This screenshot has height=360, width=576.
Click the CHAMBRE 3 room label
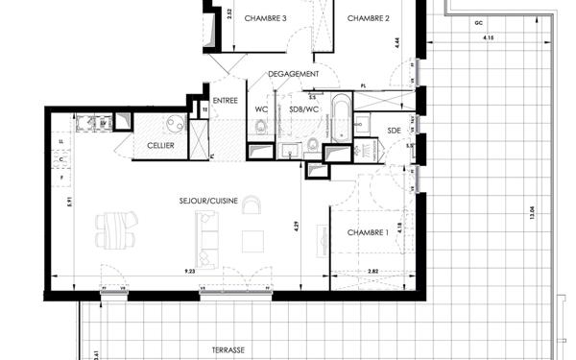(x=266, y=18)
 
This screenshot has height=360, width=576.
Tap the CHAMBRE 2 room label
(x=368, y=18)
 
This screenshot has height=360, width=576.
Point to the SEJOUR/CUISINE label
(x=207, y=202)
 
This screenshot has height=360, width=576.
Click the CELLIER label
(x=160, y=145)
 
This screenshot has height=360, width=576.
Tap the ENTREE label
(x=225, y=100)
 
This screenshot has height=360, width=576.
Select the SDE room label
(x=394, y=130)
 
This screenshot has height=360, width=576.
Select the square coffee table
(x=252, y=239)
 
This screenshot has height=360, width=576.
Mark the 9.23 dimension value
(x=190, y=273)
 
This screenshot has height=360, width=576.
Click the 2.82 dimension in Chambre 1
(x=372, y=273)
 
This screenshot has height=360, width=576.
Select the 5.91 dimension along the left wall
(x=57, y=203)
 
